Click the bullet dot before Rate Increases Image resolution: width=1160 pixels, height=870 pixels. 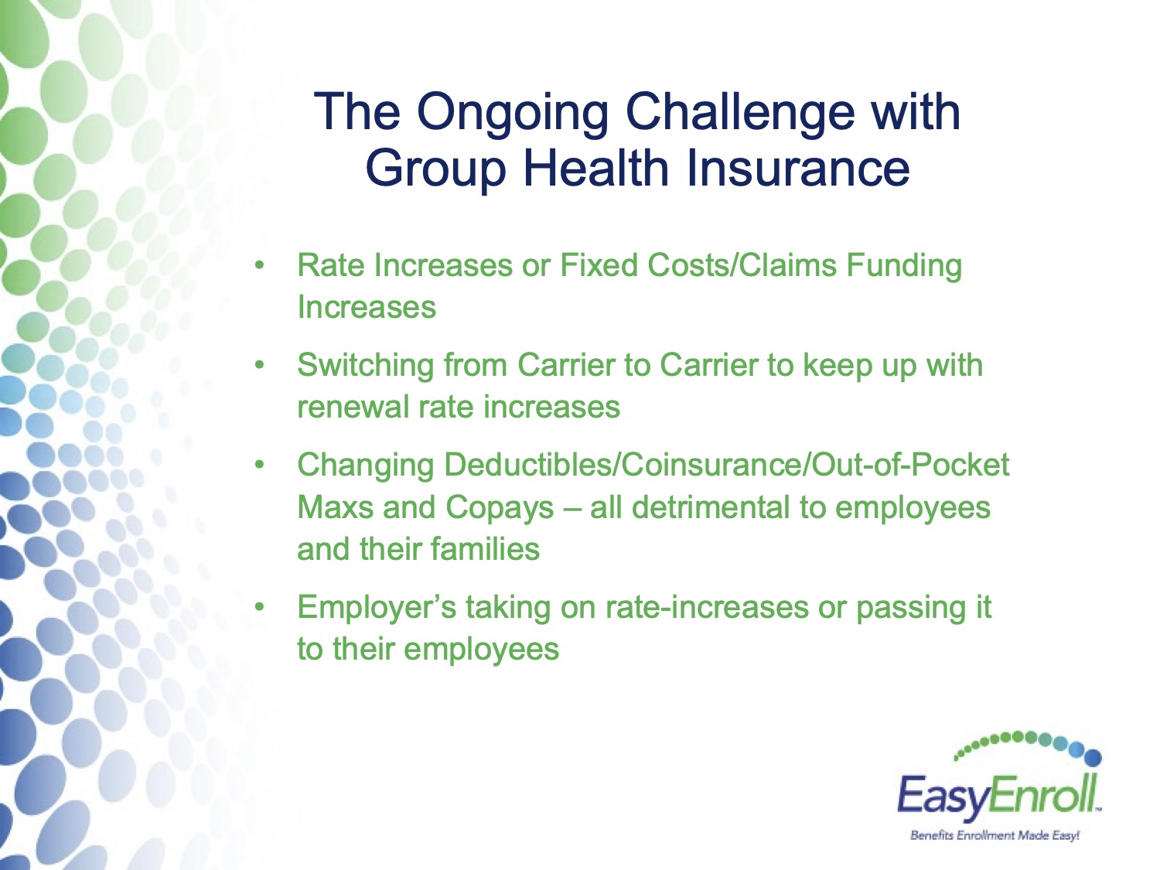coord(258,266)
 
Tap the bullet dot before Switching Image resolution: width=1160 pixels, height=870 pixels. coord(258,365)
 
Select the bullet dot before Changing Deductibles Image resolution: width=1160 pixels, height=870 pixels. coord(258,465)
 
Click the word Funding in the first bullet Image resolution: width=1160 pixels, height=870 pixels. coord(904,266)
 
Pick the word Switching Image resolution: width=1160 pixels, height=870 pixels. coord(365,366)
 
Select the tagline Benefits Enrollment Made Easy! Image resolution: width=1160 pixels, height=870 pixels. coord(994,836)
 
